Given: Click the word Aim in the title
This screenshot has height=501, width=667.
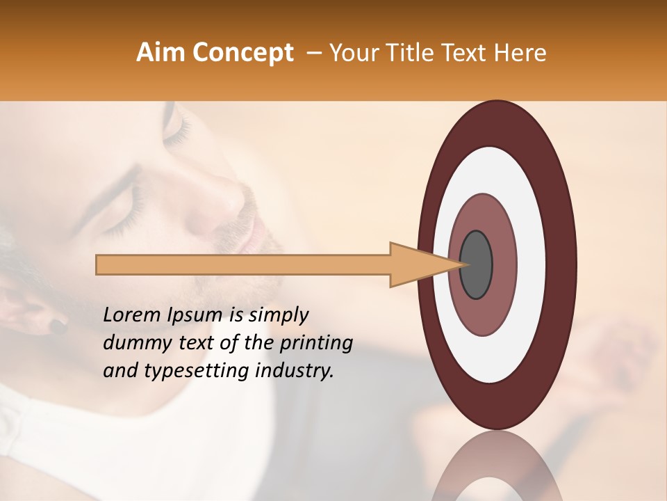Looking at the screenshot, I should pos(160,53).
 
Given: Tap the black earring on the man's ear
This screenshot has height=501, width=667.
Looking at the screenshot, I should pos(56,324).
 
